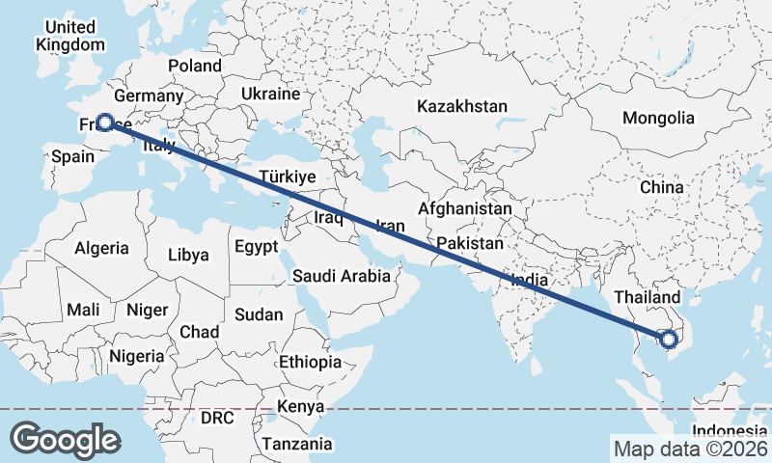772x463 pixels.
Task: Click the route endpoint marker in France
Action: point(104,123)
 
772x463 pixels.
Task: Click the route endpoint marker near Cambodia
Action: point(667,339)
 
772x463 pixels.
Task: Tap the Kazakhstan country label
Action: point(461,105)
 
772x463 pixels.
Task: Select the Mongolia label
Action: point(658,118)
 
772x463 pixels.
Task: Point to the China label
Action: point(661,186)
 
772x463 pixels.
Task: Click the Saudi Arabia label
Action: point(342,276)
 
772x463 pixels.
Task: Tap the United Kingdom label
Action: point(70,36)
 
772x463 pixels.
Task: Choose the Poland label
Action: point(195,66)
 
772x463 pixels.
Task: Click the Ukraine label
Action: point(271,94)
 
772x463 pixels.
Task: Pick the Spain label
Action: point(71,156)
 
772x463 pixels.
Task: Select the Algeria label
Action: point(101,248)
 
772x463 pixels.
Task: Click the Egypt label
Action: point(256,246)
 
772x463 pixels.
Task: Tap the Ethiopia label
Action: point(310,362)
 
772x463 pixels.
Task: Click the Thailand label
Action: point(647,297)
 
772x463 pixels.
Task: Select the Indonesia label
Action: point(730,430)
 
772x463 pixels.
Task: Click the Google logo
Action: point(65,439)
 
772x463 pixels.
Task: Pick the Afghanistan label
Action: point(465,208)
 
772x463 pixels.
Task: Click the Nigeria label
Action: point(136,356)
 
